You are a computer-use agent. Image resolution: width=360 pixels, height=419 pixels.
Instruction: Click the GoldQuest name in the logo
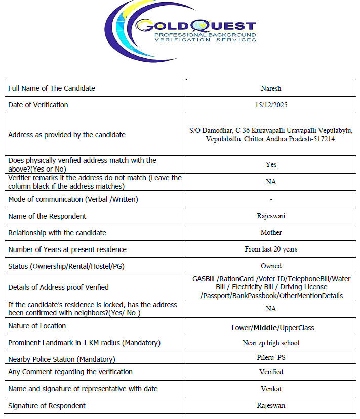[x=196, y=26]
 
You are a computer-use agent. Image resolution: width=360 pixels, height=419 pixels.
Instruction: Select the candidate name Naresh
[x=271, y=88]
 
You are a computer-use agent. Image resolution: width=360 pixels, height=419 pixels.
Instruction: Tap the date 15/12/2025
[x=271, y=105]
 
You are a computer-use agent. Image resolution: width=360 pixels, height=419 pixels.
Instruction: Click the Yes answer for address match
[x=271, y=164]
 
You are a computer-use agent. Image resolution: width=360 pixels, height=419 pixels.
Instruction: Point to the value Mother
[x=271, y=233]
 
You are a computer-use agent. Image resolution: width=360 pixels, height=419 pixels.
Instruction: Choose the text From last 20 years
[x=271, y=249]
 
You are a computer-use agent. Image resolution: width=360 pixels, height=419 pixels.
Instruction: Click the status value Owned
[x=271, y=266]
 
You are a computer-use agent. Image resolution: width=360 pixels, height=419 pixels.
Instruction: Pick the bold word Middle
[x=265, y=328]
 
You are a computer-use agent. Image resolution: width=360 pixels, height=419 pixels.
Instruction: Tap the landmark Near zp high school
[x=271, y=343]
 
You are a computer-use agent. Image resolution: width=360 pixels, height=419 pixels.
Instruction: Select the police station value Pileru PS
[x=271, y=358]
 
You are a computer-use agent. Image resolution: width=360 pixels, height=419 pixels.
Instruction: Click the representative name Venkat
[x=271, y=389]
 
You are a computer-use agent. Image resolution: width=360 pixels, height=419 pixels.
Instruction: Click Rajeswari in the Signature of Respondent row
[x=271, y=405]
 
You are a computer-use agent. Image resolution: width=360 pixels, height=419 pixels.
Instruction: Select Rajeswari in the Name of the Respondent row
[x=271, y=216]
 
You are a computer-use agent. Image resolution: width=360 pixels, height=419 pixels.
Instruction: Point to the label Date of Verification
[x=38, y=105]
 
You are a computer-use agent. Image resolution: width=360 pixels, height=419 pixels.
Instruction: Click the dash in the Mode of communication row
[x=271, y=199]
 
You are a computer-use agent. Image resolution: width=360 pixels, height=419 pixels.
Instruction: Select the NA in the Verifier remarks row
[x=271, y=182]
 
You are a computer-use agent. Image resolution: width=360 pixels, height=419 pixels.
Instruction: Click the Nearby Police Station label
[x=62, y=359]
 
